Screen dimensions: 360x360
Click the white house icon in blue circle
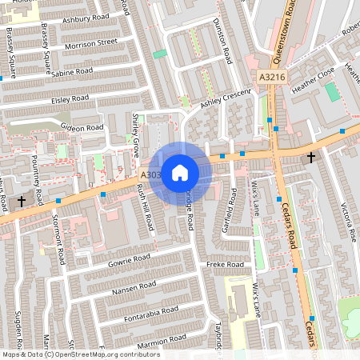(180, 172)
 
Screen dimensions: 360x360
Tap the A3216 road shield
(272, 77)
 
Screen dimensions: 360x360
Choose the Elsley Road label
(70, 100)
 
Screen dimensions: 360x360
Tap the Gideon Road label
(83, 128)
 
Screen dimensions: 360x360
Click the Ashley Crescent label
(226, 98)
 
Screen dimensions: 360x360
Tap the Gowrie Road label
(130, 259)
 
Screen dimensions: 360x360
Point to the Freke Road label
(225, 264)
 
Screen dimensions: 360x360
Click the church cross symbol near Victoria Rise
(310, 158)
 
